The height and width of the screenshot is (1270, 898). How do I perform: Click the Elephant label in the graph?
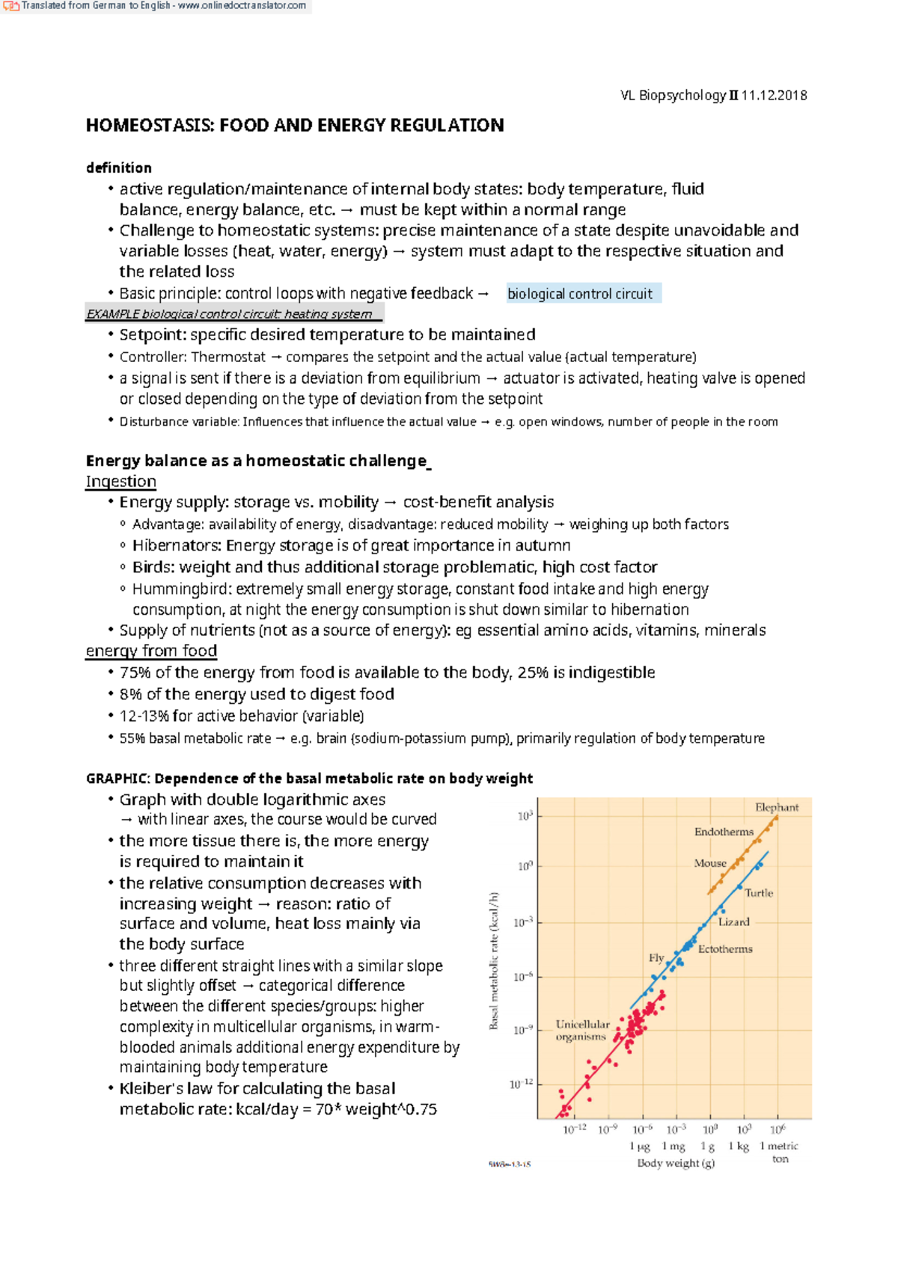pyautogui.click(x=776, y=808)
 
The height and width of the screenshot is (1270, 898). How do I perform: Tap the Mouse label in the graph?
pyautogui.click(x=709, y=863)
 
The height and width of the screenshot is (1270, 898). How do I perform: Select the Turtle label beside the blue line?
pyautogui.click(x=758, y=893)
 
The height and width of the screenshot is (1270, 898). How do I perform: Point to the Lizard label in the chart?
pyautogui.click(x=733, y=922)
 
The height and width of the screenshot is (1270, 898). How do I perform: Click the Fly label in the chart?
pyautogui.click(x=656, y=958)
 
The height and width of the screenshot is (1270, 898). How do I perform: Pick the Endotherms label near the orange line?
pyautogui.click(x=724, y=832)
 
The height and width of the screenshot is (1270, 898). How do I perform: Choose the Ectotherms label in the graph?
pyautogui.click(x=724, y=949)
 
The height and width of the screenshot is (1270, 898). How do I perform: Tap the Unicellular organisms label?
pyautogui.click(x=582, y=1031)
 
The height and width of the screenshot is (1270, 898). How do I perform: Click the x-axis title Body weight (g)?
pyautogui.click(x=675, y=1163)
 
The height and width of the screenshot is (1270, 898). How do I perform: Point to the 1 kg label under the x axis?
pyautogui.click(x=739, y=1147)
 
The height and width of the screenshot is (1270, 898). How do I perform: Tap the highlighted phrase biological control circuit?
pyautogui.click(x=580, y=294)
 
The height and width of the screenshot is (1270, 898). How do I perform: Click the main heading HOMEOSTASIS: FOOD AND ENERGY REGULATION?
pyautogui.click(x=295, y=125)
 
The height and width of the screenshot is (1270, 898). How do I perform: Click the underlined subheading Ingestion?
pyautogui.click(x=121, y=482)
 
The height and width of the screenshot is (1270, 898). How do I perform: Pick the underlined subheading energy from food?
pyautogui.click(x=151, y=651)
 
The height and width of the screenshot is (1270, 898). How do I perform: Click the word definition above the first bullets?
pyautogui.click(x=119, y=168)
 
